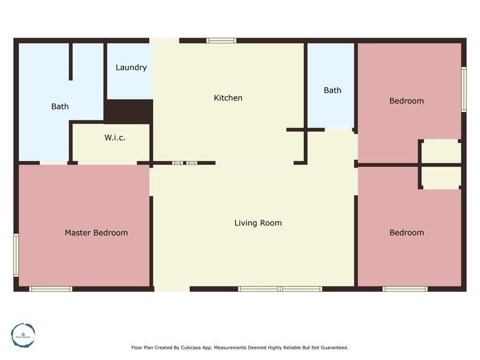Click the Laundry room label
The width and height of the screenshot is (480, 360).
pos(131,67)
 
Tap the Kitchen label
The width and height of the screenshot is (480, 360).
pos(228,98)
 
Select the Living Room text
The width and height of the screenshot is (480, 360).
pos(258,223)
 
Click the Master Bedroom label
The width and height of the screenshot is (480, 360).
pos(96,233)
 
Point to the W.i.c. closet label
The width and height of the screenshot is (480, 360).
pos(115,138)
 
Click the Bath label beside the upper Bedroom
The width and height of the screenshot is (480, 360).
pos(333,90)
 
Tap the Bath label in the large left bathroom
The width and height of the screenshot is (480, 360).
pos(60,106)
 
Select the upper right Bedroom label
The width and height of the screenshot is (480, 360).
pos(406,101)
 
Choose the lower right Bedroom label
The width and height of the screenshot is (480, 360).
pos(406,232)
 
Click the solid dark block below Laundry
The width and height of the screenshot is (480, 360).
pos(129,111)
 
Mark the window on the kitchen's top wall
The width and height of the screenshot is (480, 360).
pos(221,40)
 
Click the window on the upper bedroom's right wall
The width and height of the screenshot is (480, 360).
pos(464,89)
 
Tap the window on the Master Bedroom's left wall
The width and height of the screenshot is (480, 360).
pos(16,255)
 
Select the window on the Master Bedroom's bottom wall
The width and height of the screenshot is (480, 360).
pos(51,289)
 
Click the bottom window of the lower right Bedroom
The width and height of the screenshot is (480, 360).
pos(405,289)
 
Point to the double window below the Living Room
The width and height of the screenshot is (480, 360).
pos(280,289)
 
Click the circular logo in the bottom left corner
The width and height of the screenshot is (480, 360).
pos(23,335)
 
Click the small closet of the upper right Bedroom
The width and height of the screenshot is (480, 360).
pos(441,151)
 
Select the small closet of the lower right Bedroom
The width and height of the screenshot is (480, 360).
pos(441,177)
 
